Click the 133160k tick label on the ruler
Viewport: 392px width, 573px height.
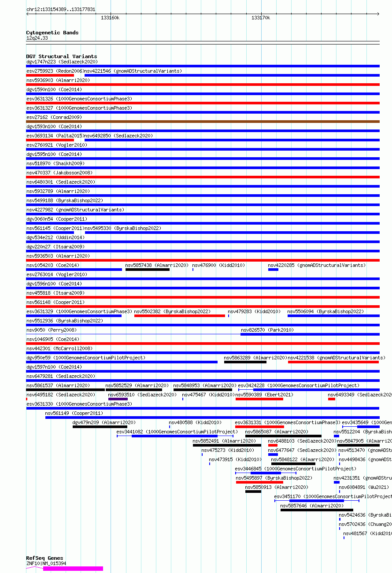[110, 18]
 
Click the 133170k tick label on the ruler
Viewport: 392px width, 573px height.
[261, 18]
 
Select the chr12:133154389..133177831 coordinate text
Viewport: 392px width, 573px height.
[61, 9]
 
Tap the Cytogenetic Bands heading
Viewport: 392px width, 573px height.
[52, 33]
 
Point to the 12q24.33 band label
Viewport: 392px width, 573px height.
[37, 38]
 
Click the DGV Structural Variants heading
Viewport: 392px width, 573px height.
[61, 56]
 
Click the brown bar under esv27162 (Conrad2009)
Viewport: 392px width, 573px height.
[203, 122]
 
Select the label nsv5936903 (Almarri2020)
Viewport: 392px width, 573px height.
[58, 81]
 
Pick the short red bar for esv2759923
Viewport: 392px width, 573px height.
[50, 75]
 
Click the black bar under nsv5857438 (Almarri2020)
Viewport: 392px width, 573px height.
[147, 270]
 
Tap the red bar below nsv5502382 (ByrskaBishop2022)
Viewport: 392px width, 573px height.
[179, 316]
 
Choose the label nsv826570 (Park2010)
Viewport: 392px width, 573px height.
[267, 330]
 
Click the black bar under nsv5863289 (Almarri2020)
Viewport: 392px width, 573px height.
[245, 362]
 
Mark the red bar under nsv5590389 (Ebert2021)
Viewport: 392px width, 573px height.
[259, 399]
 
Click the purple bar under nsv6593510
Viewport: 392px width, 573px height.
[118, 399]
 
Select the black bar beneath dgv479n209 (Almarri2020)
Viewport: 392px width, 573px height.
[100, 427]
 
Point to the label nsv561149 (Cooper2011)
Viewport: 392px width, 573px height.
[74, 413]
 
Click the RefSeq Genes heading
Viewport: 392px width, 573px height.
[44, 558]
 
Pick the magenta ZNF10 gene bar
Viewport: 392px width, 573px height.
[73, 569]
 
